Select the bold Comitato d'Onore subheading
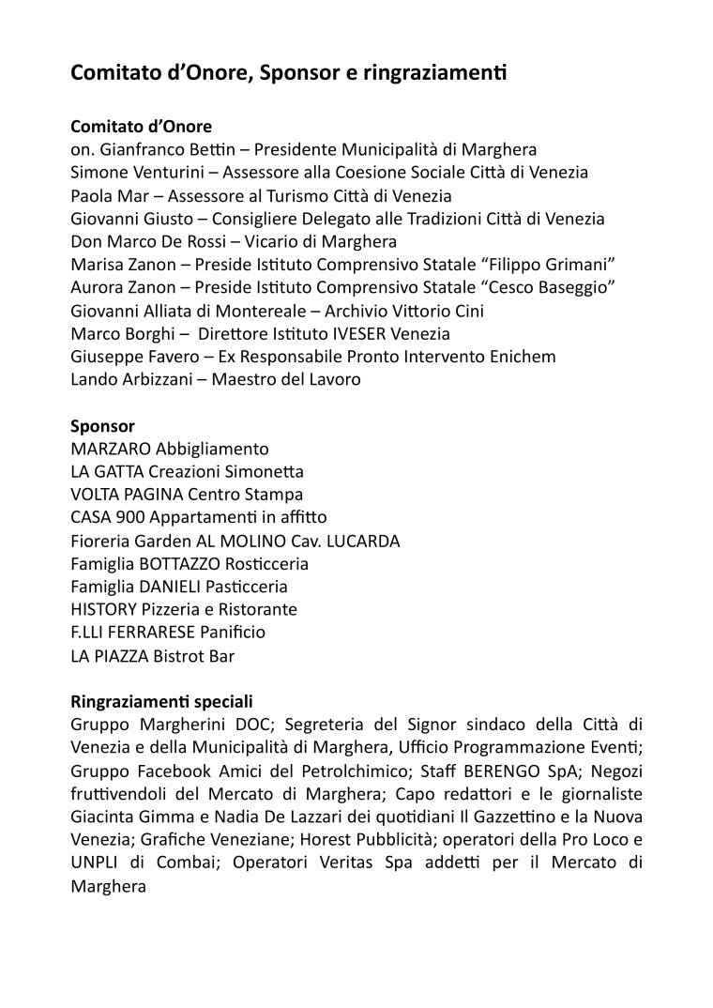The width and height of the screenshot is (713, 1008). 141,127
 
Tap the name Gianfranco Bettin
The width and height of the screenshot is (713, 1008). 164,150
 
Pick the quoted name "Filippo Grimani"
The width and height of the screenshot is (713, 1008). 547,265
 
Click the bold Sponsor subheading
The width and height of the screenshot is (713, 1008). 103,425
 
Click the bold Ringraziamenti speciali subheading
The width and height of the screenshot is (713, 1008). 161,701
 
